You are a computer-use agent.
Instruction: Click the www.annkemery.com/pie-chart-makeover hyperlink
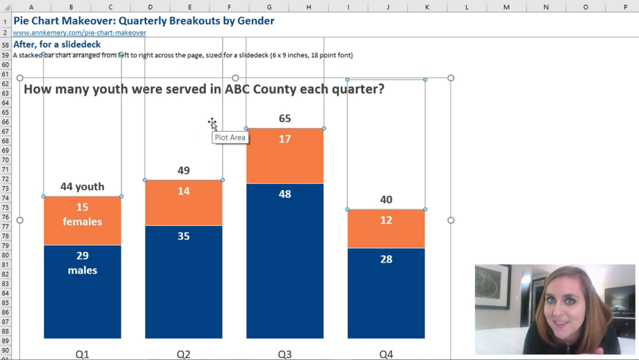point(79,32)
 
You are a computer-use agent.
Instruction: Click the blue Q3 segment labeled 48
point(285,261)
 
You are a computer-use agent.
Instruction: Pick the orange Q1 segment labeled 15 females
point(82,221)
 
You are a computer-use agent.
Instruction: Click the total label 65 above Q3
point(285,118)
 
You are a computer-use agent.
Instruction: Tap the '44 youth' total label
point(82,186)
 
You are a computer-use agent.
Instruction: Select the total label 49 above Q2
point(184,170)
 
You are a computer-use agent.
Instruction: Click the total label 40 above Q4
point(386,200)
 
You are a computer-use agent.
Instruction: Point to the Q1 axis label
point(82,354)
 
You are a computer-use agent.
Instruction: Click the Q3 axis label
point(285,354)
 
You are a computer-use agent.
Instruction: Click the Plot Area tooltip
point(230,137)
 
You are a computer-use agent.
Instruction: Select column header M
point(506,7)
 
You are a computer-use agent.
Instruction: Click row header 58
point(5,45)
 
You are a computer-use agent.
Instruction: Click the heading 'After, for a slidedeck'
point(57,45)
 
